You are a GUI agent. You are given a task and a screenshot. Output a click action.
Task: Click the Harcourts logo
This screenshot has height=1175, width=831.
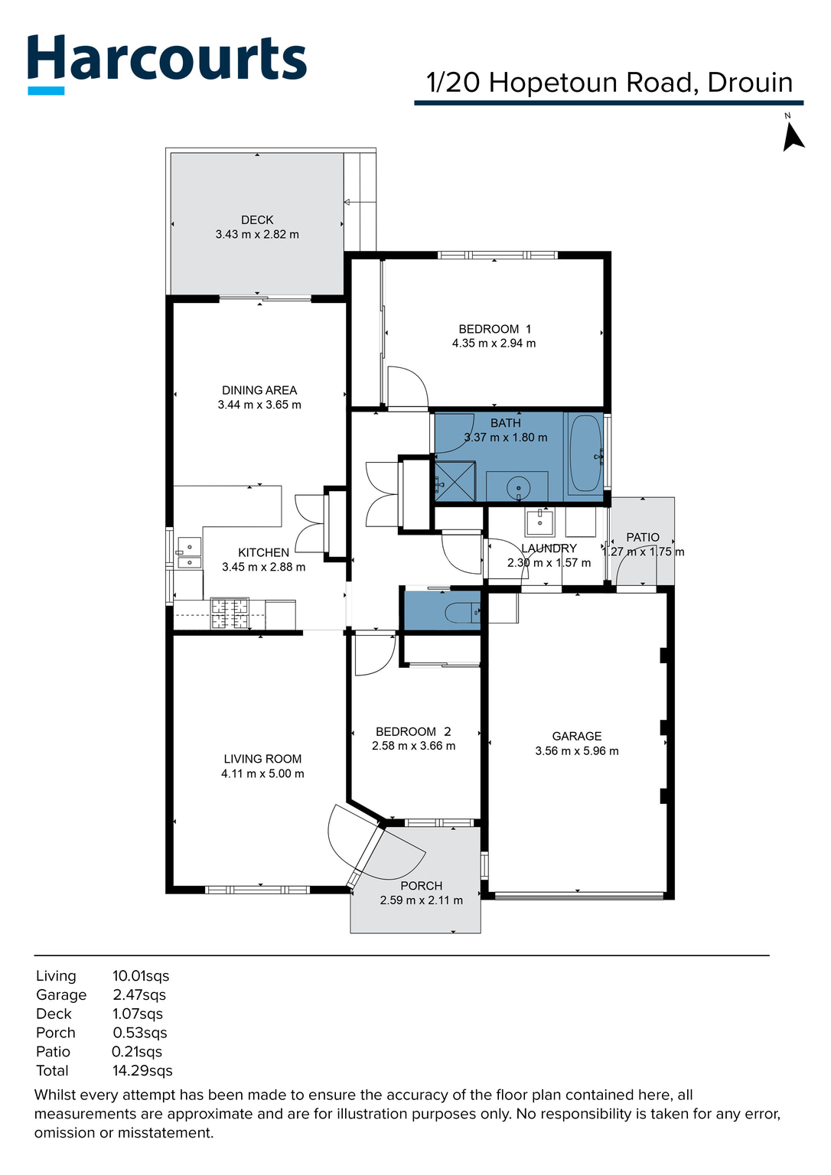tap(167, 61)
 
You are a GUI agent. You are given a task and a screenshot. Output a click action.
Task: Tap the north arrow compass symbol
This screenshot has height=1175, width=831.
tap(792, 135)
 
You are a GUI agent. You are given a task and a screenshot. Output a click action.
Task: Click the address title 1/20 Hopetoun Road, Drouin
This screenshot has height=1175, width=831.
tap(609, 83)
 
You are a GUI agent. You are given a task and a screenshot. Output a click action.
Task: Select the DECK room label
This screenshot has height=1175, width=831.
tap(257, 220)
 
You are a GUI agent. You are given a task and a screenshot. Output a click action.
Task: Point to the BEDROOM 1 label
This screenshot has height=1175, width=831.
tap(494, 329)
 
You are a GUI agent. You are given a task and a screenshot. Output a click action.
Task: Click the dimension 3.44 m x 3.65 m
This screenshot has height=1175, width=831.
tap(259, 405)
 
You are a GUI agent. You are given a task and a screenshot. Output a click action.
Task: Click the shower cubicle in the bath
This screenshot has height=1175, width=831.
tap(455, 481)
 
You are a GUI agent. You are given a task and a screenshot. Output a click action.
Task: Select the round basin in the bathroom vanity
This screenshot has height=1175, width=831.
tap(518, 487)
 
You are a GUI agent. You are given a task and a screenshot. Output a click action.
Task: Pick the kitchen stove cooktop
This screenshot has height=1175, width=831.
tap(230, 614)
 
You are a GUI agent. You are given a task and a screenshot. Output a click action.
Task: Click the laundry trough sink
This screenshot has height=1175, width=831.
tap(539, 522)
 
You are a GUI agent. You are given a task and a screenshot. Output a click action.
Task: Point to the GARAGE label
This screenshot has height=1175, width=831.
tap(577, 736)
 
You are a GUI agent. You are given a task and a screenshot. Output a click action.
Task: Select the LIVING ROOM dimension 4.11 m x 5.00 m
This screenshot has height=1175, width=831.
tap(262, 773)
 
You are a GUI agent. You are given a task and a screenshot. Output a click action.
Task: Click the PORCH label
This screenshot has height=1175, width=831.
tap(422, 886)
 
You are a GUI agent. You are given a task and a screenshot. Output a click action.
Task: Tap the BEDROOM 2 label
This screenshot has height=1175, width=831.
tap(413, 731)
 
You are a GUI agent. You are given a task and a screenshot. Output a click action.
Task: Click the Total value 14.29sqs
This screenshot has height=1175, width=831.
tap(142, 1071)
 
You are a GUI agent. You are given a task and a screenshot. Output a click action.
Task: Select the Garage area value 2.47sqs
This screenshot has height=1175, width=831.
tap(139, 995)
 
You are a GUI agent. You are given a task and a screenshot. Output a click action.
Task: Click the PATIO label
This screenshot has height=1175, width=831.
tap(643, 537)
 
